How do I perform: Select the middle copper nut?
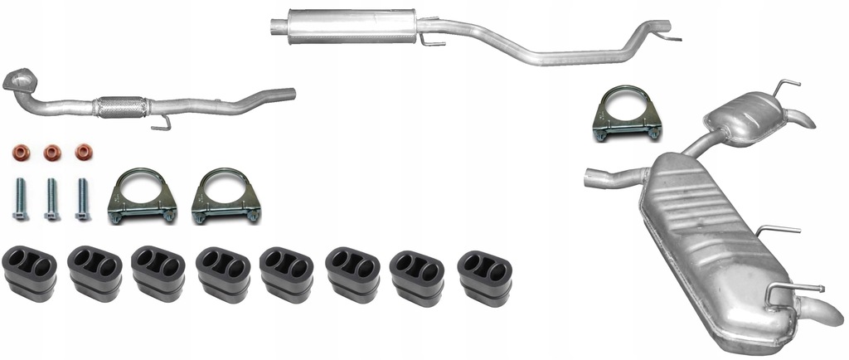(x=52, y=153)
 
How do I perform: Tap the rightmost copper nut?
(x=83, y=153)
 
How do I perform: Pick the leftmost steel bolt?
(x=20, y=199)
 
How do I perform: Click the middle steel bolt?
(x=51, y=199)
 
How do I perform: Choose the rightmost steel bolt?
(x=82, y=199)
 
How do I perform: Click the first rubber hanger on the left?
(x=30, y=273)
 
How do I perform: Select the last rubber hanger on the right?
(x=484, y=276)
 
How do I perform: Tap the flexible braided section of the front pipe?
(x=121, y=106)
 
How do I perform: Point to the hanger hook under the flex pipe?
(x=162, y=123)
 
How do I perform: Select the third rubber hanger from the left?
(x=158, y=273)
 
